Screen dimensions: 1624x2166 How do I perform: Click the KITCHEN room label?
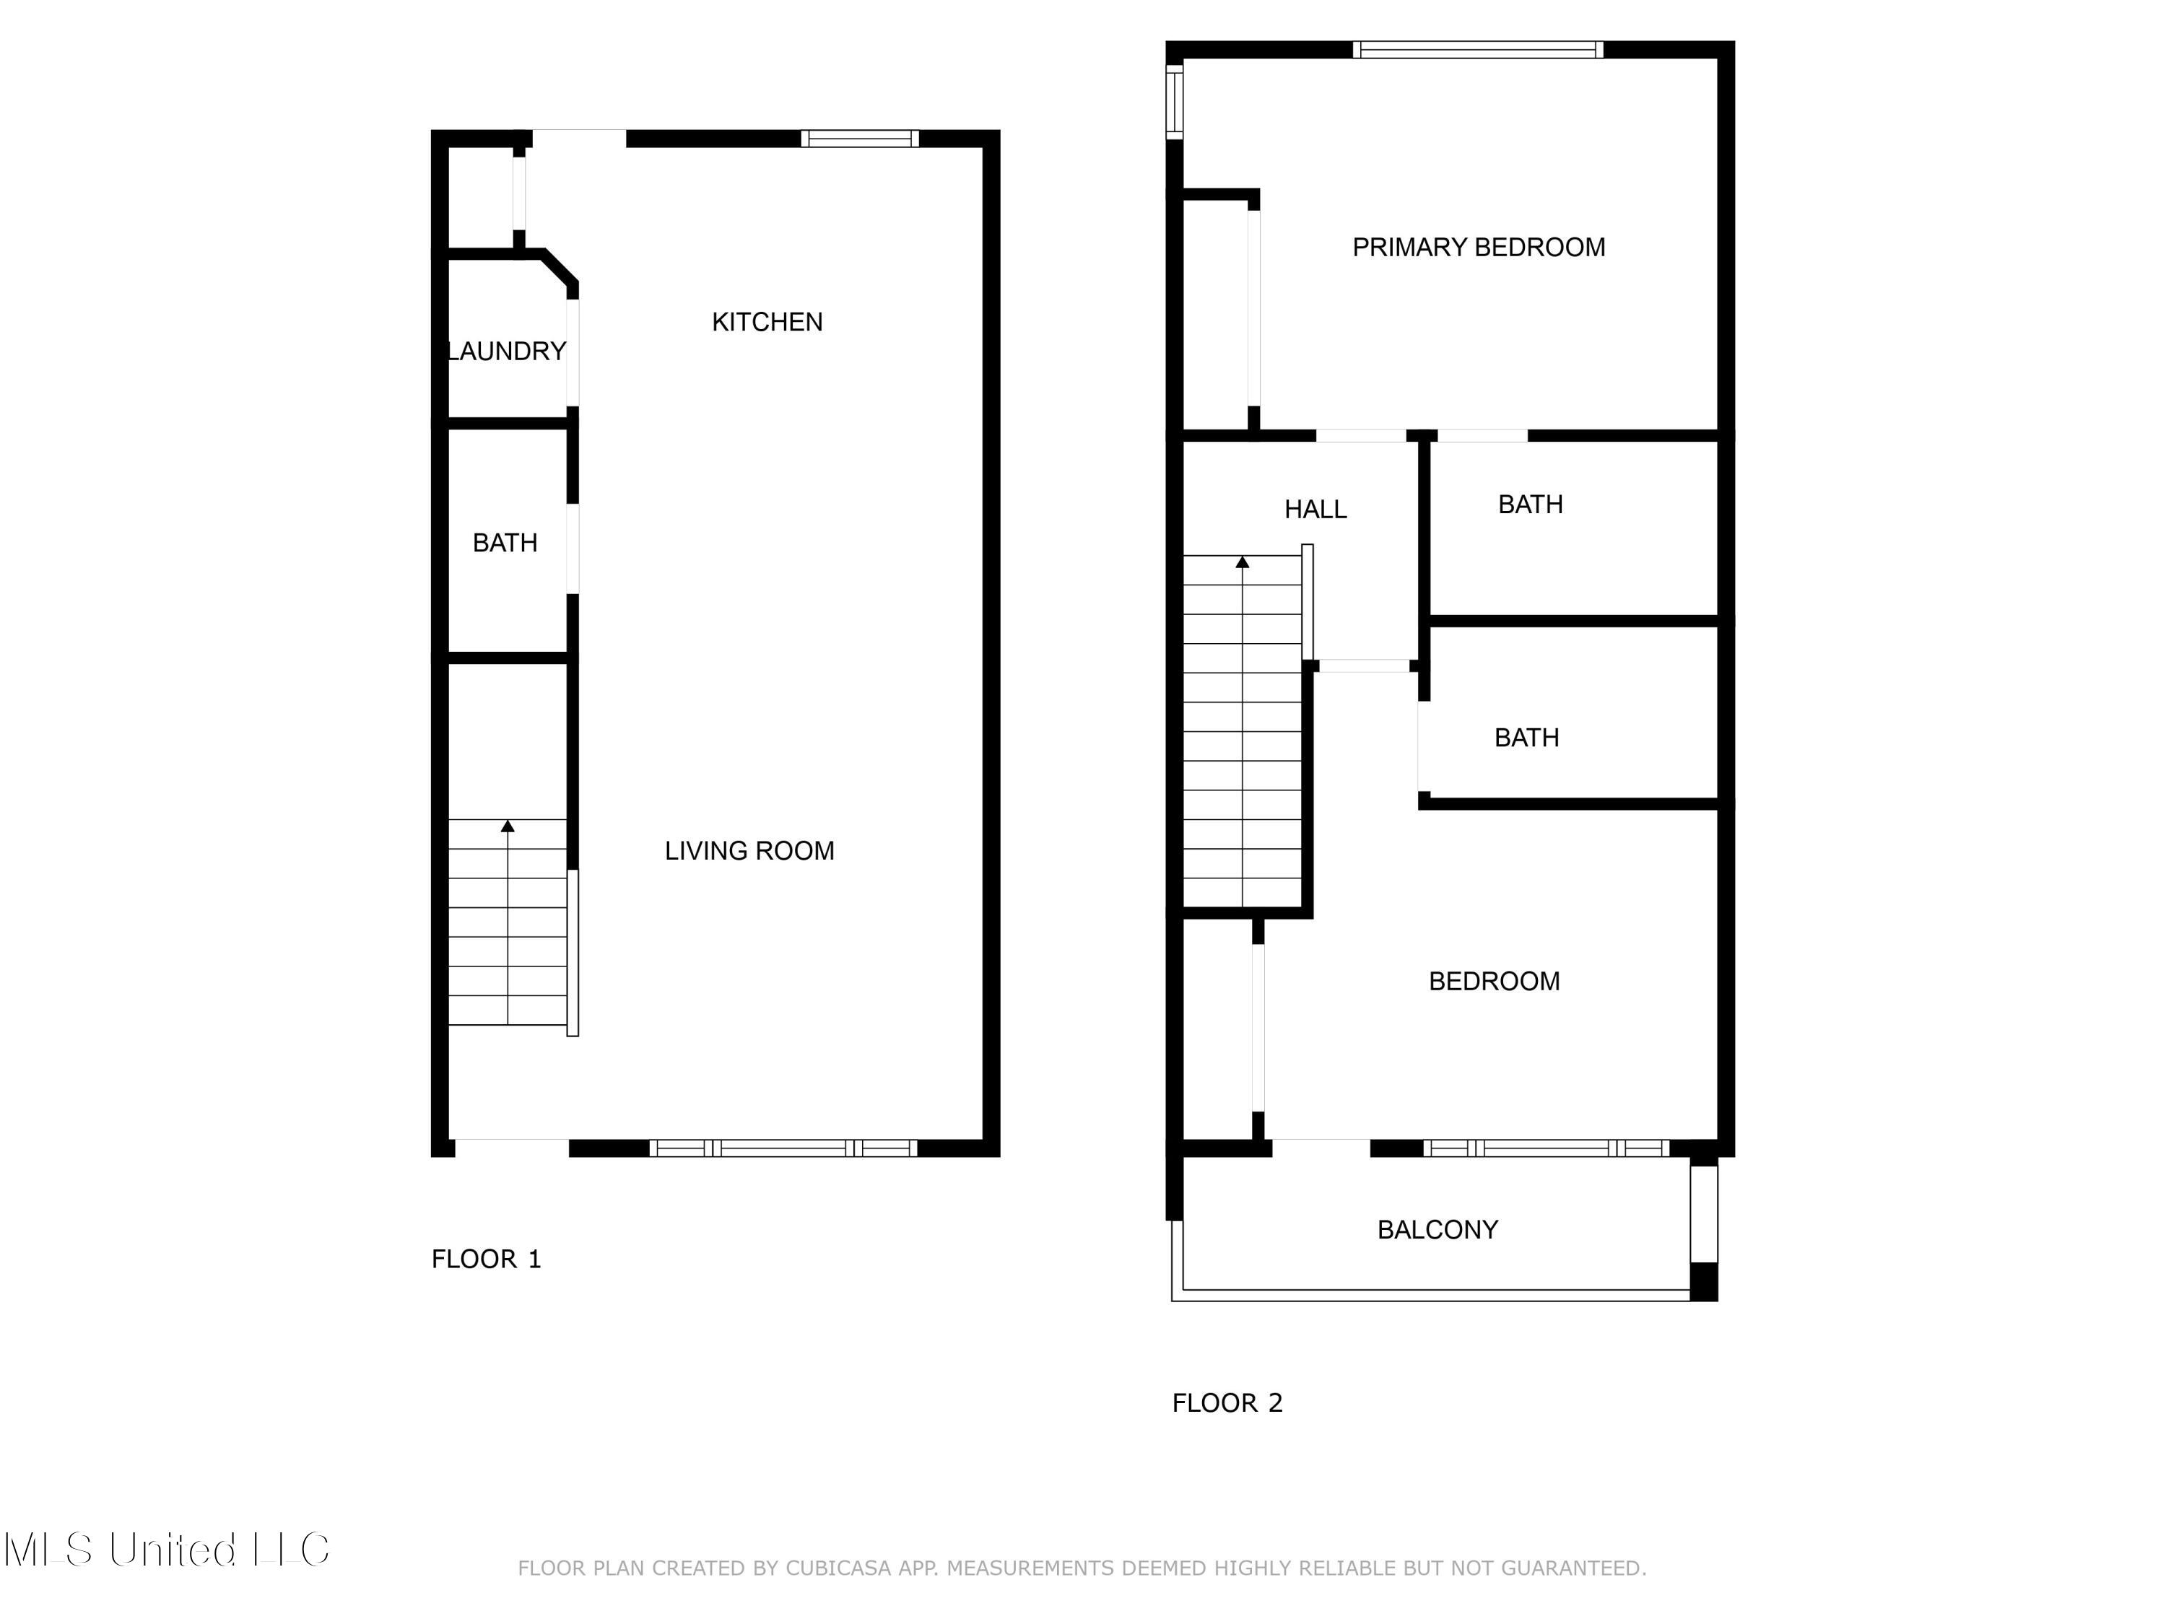pos(767,322)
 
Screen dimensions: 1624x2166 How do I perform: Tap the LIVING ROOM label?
pos(749,851)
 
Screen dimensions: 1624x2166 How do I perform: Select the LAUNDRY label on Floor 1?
pos(506,352)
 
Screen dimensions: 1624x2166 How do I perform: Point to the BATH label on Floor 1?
pos(504,543)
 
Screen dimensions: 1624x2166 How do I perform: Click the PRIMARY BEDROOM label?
pos(1478,248)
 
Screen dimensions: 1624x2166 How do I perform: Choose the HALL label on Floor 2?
pos(1315,509)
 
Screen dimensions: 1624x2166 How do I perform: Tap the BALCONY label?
pos(1437,1229)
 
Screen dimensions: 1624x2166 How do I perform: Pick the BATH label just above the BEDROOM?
pos(1526,738)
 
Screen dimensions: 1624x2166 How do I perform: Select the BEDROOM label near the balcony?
pos(1493,982)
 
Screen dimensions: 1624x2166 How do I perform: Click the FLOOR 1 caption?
pos(486,1259)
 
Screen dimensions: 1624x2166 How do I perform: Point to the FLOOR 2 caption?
pos(1226,1402)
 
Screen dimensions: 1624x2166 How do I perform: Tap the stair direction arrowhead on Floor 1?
pos(508,826)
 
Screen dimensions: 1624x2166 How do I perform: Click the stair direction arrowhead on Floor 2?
pos(1242,562)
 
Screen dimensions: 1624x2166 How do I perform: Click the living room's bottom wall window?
pos(783,1148)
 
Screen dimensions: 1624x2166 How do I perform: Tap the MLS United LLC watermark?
pos(167,1550)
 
